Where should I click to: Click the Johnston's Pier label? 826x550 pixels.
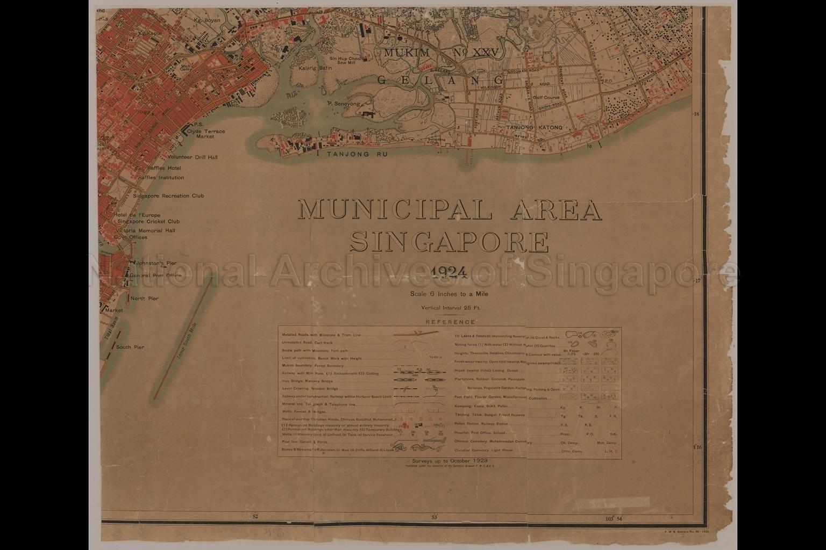[x=156, y=264]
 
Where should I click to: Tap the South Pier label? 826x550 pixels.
[x=130, y=347]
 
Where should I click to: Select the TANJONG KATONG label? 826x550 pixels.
[x=533, y=128]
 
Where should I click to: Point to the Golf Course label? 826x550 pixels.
[x=546, y=98]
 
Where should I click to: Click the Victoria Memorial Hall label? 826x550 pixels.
[x=145, y=231]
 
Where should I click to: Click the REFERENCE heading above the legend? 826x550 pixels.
[x=450, y=322]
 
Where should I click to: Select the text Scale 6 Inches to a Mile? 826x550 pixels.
[x=449, y=294]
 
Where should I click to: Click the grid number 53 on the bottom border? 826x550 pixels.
[x=434, y=517]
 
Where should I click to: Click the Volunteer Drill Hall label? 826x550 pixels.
[x=192, y=158]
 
